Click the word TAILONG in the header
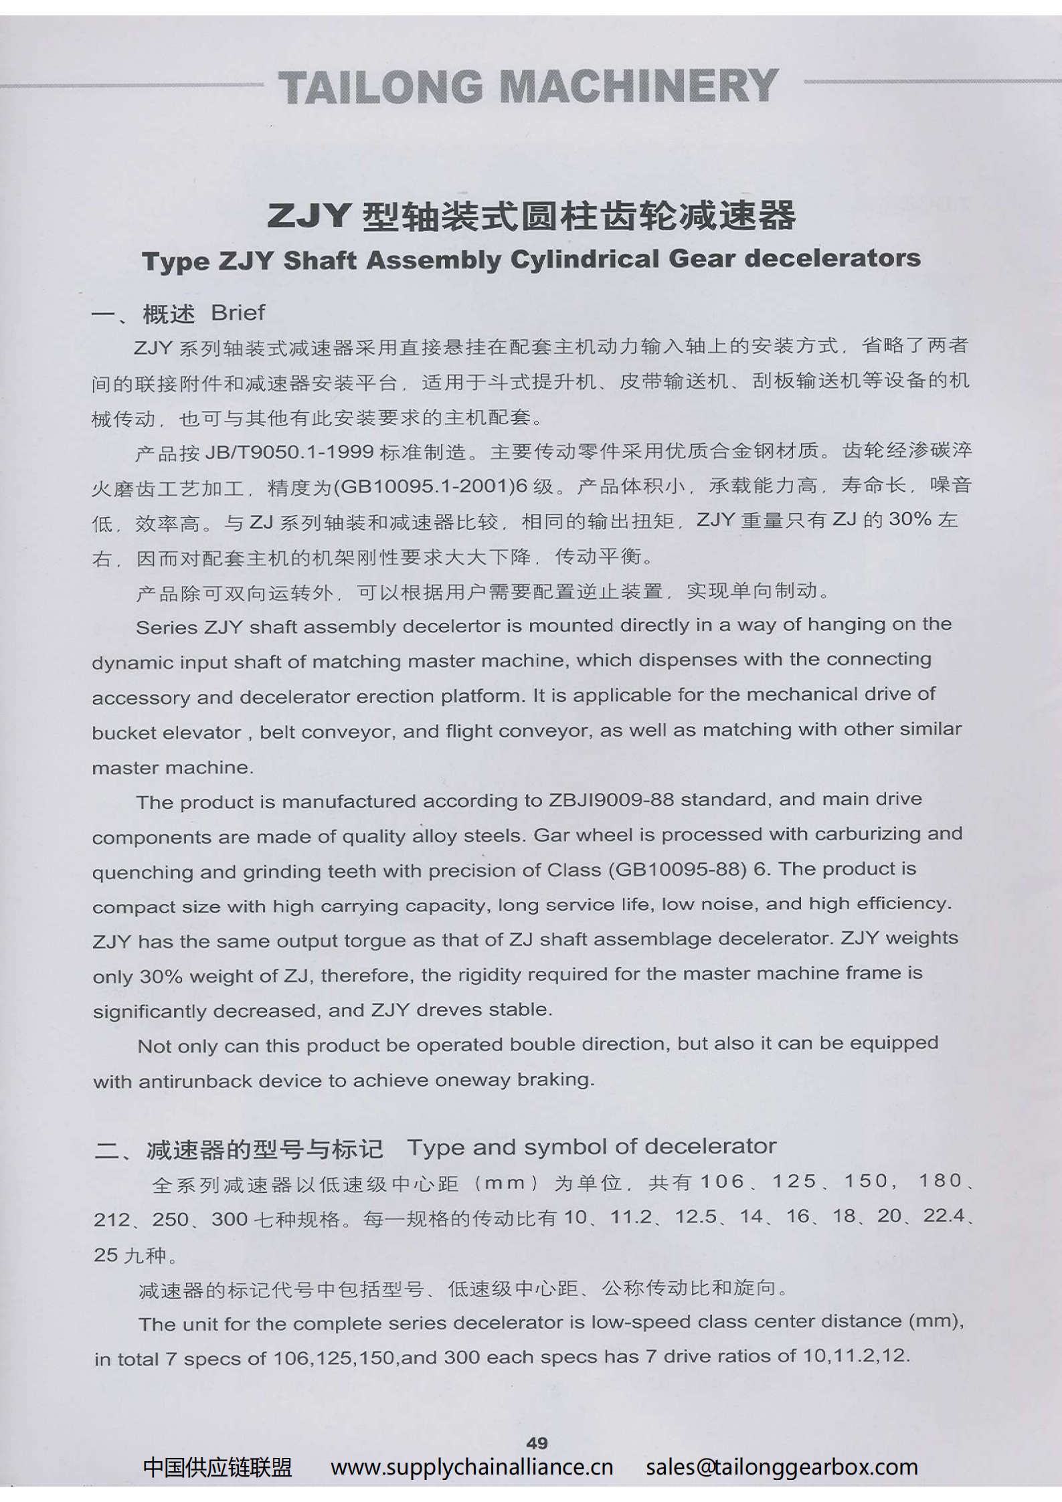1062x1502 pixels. pyautogui.click(x=380, y=88)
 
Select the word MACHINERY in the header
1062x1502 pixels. pyautogui.click(x=639, y=86)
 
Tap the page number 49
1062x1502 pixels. pyautogui.click(x=537, y=1442)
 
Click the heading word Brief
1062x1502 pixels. pyautogui.click(x=238, y=312)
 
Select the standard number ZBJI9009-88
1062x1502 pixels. pyautogui.click(x=611, y=800)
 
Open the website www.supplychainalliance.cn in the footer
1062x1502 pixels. pyautogui.click(x=472, y=1467)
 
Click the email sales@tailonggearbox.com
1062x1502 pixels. pyautogui.click(x=782, y=1467)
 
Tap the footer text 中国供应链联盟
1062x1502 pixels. pyautogui.click(x=217, y=1467)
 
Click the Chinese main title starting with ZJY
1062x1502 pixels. pyautogui.click(x=531, y=215)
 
